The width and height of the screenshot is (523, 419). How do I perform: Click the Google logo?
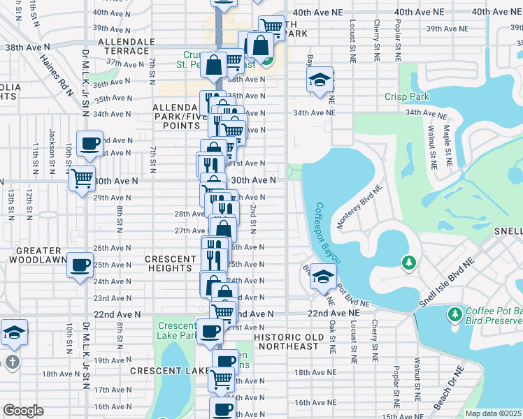[x=24, y=411]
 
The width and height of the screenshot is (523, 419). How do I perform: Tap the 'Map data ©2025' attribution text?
[x=493, y=413]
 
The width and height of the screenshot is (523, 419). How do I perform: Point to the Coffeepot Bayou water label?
[x=327, y=233]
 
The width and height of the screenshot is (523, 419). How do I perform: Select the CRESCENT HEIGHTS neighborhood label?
[x=171, y=263]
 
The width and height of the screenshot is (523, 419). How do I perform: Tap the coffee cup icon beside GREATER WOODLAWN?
[x=80, y=265]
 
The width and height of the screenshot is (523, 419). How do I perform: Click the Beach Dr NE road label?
[x=448, y=389]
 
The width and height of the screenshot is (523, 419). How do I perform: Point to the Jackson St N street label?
[x=52, y=150]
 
